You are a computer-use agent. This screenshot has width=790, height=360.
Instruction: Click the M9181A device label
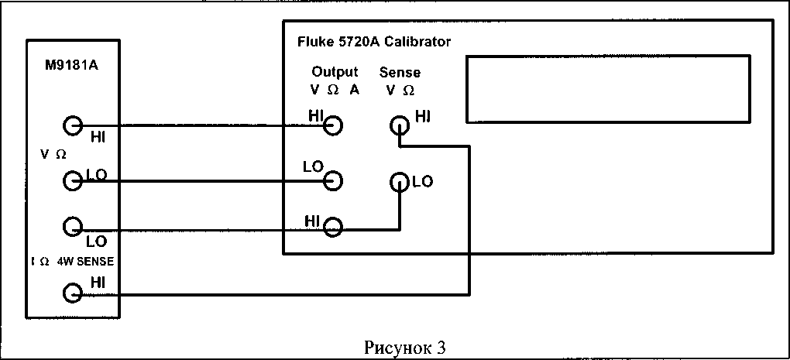click(71, 66)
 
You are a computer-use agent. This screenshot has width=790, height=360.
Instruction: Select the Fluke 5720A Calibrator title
click(374, 42)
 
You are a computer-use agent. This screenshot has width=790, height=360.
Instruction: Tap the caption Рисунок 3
click(400, 348)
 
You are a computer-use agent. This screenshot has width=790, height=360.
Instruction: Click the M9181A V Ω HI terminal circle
click(73, 125)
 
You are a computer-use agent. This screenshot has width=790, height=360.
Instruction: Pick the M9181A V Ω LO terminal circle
click(73, 180)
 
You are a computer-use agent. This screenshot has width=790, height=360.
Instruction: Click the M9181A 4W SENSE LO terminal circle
click(73, 227)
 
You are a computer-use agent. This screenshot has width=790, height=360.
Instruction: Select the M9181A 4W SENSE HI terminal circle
click(73, 293)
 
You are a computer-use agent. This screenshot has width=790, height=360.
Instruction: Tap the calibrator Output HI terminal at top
click(332, 125)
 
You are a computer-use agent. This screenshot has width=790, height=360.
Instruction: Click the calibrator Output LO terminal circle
click(332, 180)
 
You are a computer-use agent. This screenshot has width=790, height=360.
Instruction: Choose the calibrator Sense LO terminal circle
click(399, 182)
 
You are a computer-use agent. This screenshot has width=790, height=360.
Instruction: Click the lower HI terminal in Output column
click(332, 227)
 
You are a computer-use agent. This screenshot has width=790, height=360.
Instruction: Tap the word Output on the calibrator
click(335, 72)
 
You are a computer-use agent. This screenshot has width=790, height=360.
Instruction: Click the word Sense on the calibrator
click(400, 73)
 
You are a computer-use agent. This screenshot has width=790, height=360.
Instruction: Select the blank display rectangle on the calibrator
click(608, 89)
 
